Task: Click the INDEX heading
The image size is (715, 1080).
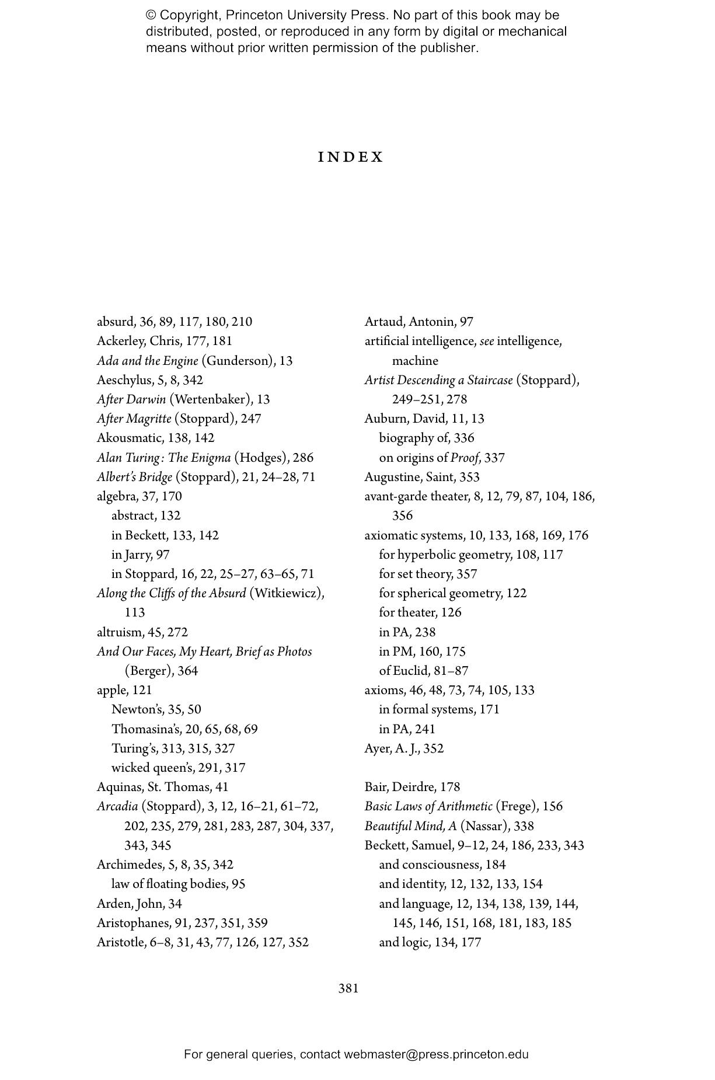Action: (351, 157)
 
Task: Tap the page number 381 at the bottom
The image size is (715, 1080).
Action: (348, 988)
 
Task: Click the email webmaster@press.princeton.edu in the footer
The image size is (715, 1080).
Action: (436, 1054)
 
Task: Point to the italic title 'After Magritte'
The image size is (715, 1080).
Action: (134, 419)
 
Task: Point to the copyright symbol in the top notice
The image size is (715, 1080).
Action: (151, 15)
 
